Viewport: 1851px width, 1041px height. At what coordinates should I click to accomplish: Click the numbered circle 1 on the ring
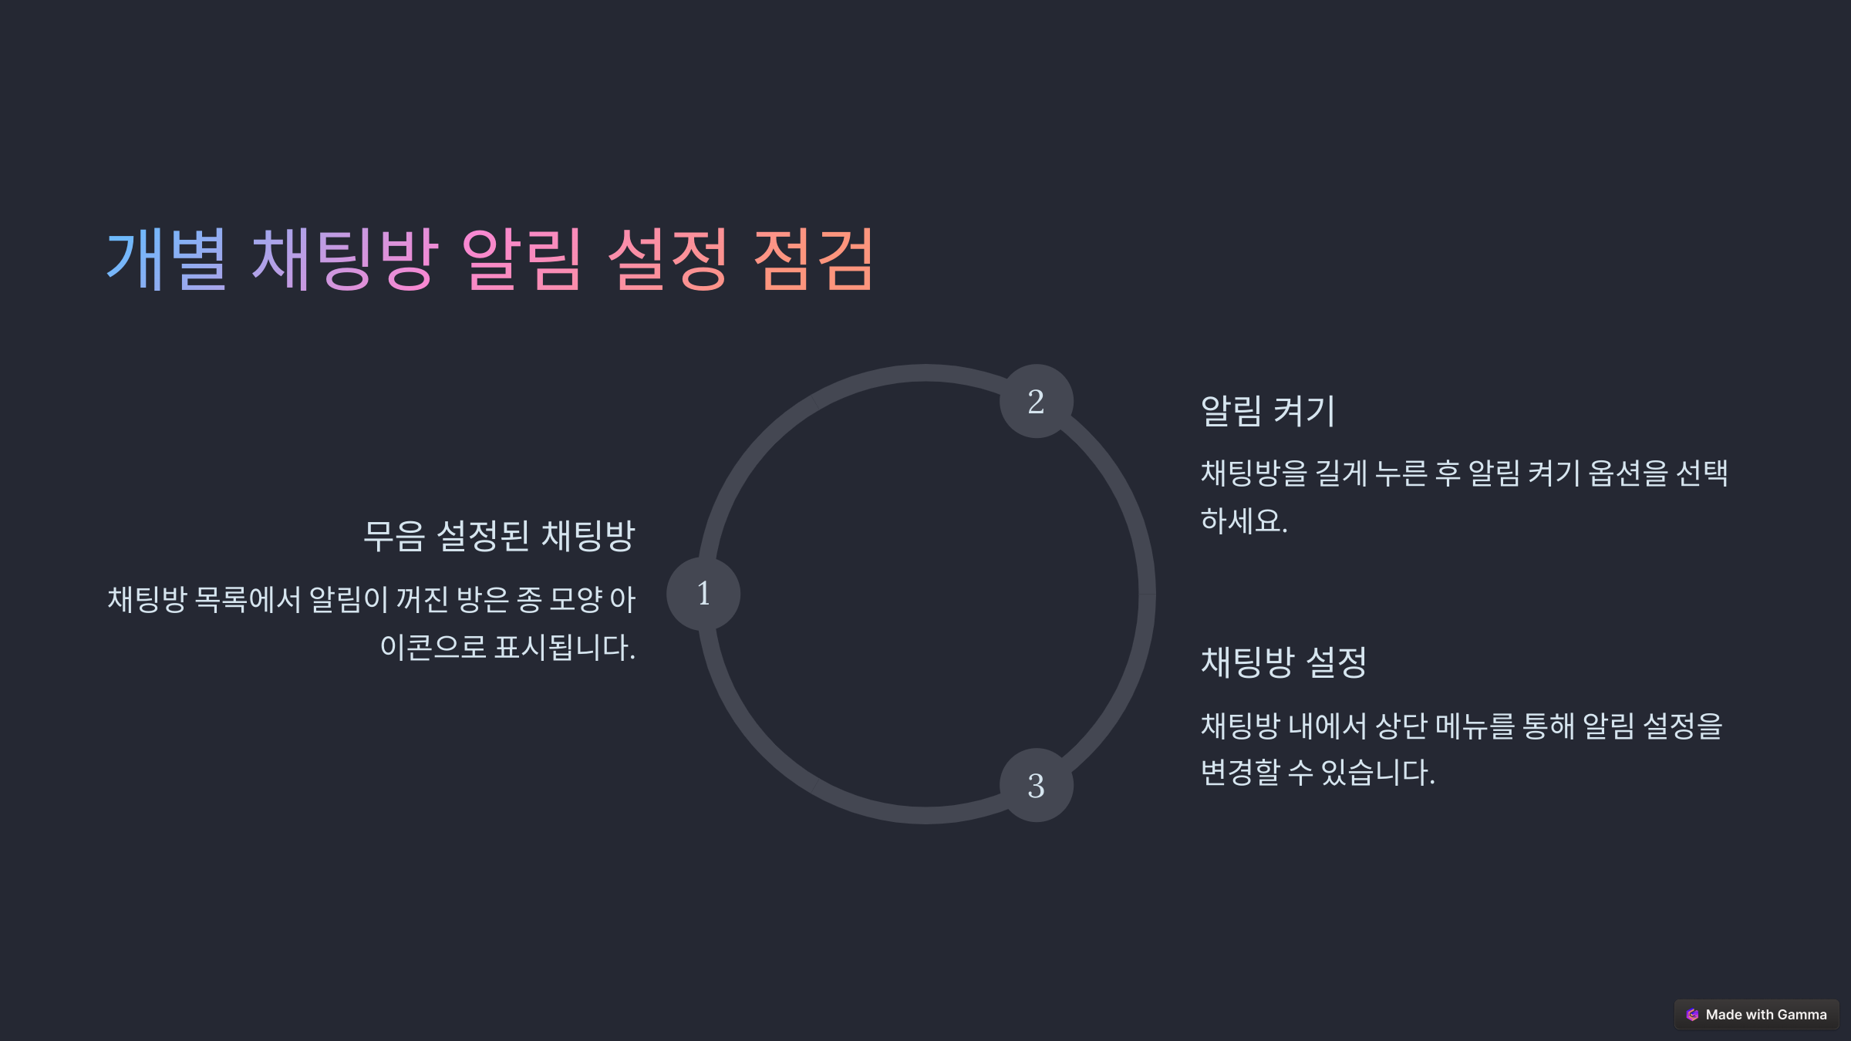(x=703, y=594)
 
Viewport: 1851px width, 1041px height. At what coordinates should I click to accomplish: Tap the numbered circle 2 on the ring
(x=1036, y=402)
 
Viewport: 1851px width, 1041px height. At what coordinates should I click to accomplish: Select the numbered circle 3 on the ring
(x=1036, y=786)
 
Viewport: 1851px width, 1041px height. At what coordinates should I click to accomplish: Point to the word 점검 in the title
(x=813, y=259)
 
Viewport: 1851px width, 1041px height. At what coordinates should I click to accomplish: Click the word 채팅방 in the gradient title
(x=346, y=259)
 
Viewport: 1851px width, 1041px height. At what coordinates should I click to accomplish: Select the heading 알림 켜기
(x=1267, y=410)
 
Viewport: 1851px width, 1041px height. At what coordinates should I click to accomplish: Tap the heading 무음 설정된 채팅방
(x=499, y=536)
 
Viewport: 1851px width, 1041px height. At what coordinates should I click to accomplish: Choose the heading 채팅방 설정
(x=1283, y=662)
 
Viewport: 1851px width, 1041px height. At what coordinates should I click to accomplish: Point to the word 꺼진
(x=422, y=599)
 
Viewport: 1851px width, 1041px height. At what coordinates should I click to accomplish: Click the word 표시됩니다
(x=565, y=647)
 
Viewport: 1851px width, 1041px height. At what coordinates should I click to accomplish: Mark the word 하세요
(x=1244, y=521)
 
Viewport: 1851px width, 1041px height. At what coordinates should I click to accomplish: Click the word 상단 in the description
(x=1401, y=726)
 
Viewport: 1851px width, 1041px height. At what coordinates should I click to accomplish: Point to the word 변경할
(x=1240, y=773)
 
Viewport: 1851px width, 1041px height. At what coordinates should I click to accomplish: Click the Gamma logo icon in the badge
(x=1693, y=1015)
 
